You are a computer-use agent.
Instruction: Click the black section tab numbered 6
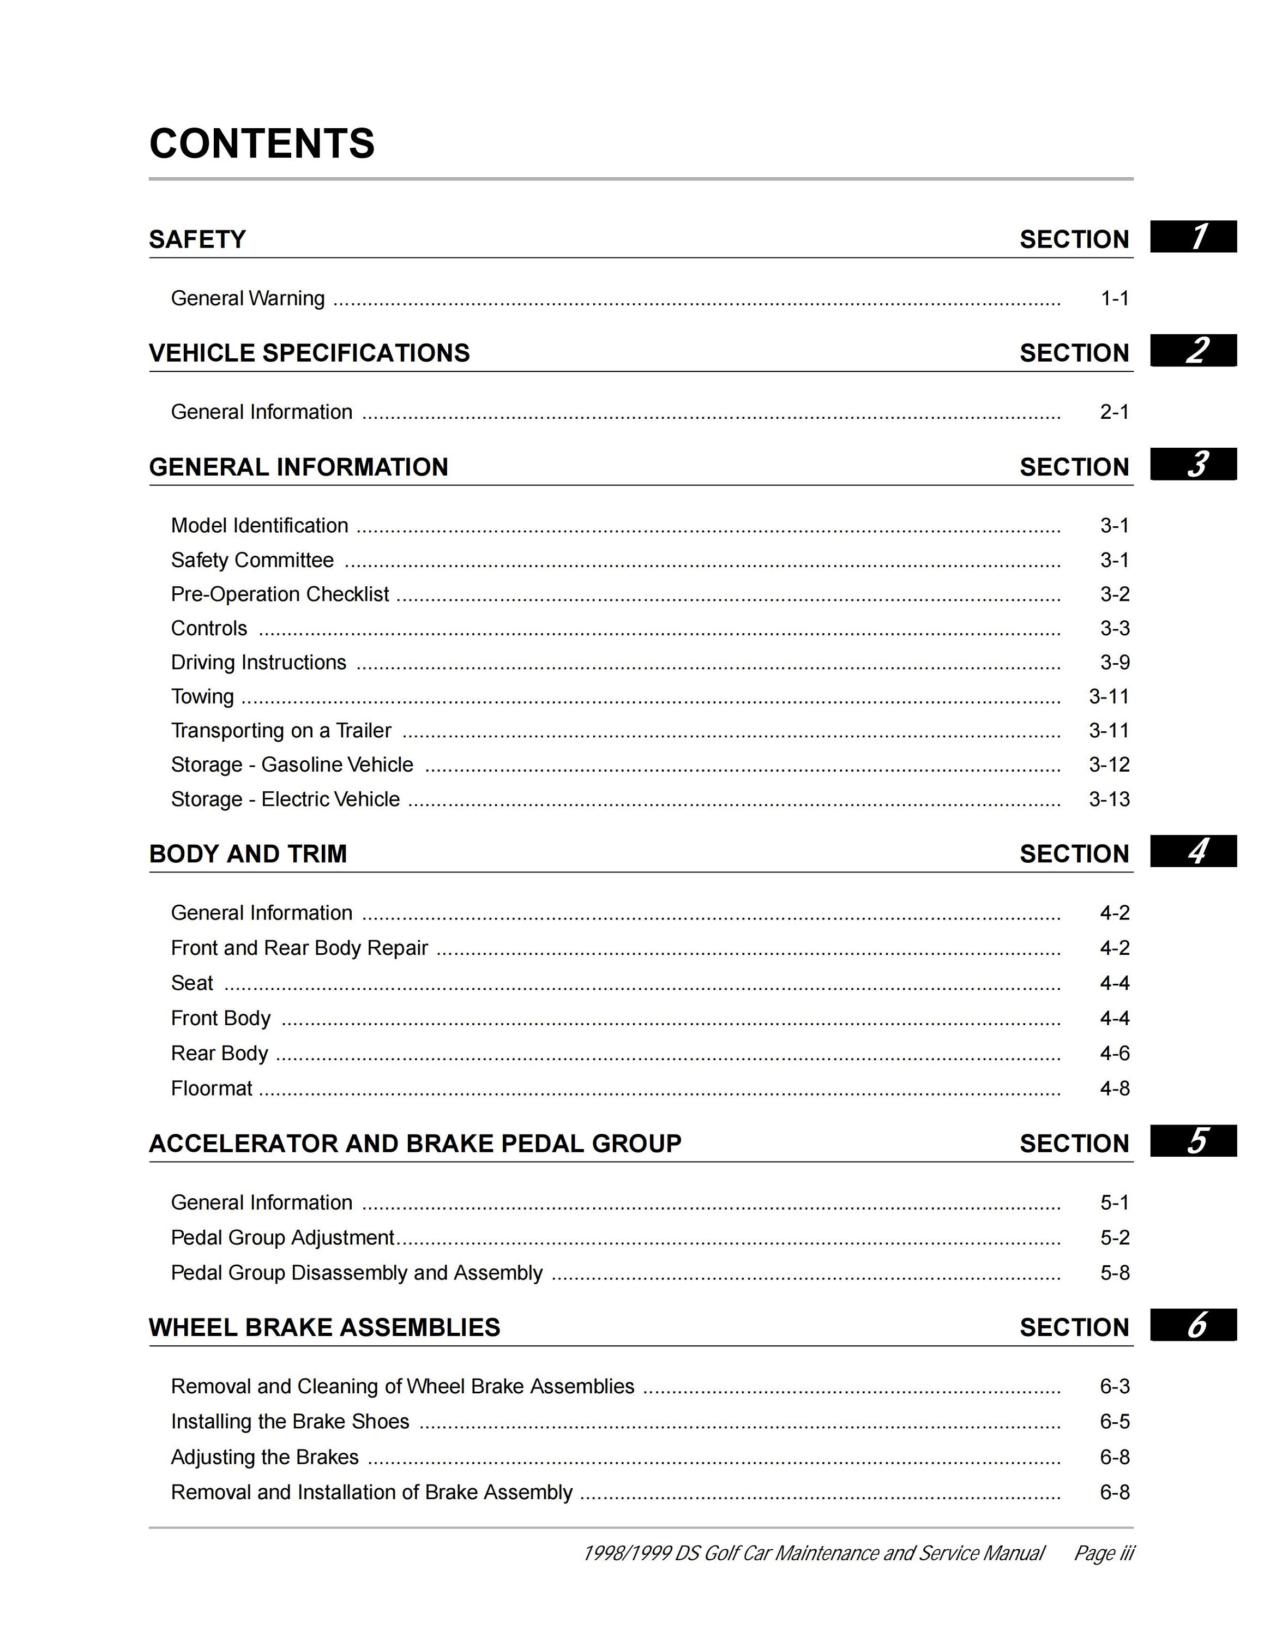(x=1193, y=1325)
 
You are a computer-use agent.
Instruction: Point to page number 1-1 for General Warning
(x=1114, y=298)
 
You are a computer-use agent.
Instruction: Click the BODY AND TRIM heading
(x=248, y=853)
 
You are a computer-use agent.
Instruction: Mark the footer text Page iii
(x=1104, y=1553)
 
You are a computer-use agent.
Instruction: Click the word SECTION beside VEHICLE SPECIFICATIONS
(x=1074, y=353)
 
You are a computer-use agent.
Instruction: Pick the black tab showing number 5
(x=1193, y=1141)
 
